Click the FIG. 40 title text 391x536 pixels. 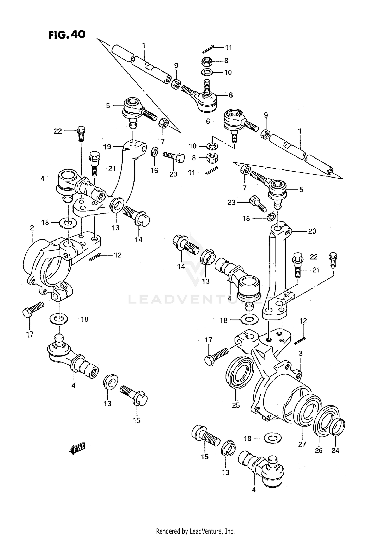pyautogui.click(x=67, y=34)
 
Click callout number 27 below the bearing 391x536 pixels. pyautogui.click(x=302, y=444)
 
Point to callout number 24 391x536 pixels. pyautogui.click(x=335, y=450)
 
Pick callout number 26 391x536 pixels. pyautogui.click(x=319, y=450)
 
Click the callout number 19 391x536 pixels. pyautogui.click(x=107, y=147)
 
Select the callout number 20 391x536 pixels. pyautogui.click(x=312, y=231)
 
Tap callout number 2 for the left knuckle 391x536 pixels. pyautogui.click(x=32, y=228)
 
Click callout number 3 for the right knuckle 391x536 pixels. pyautogui.click(x=301, y=354)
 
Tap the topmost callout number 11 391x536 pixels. pyautogui.click(x=228, y=48)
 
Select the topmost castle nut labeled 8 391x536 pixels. pyautogui.click(x=207, y=61)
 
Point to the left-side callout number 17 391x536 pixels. pyautogui.click(x=30, y=334)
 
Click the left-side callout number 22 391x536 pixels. pyautogui.click(x=58, y=131)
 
